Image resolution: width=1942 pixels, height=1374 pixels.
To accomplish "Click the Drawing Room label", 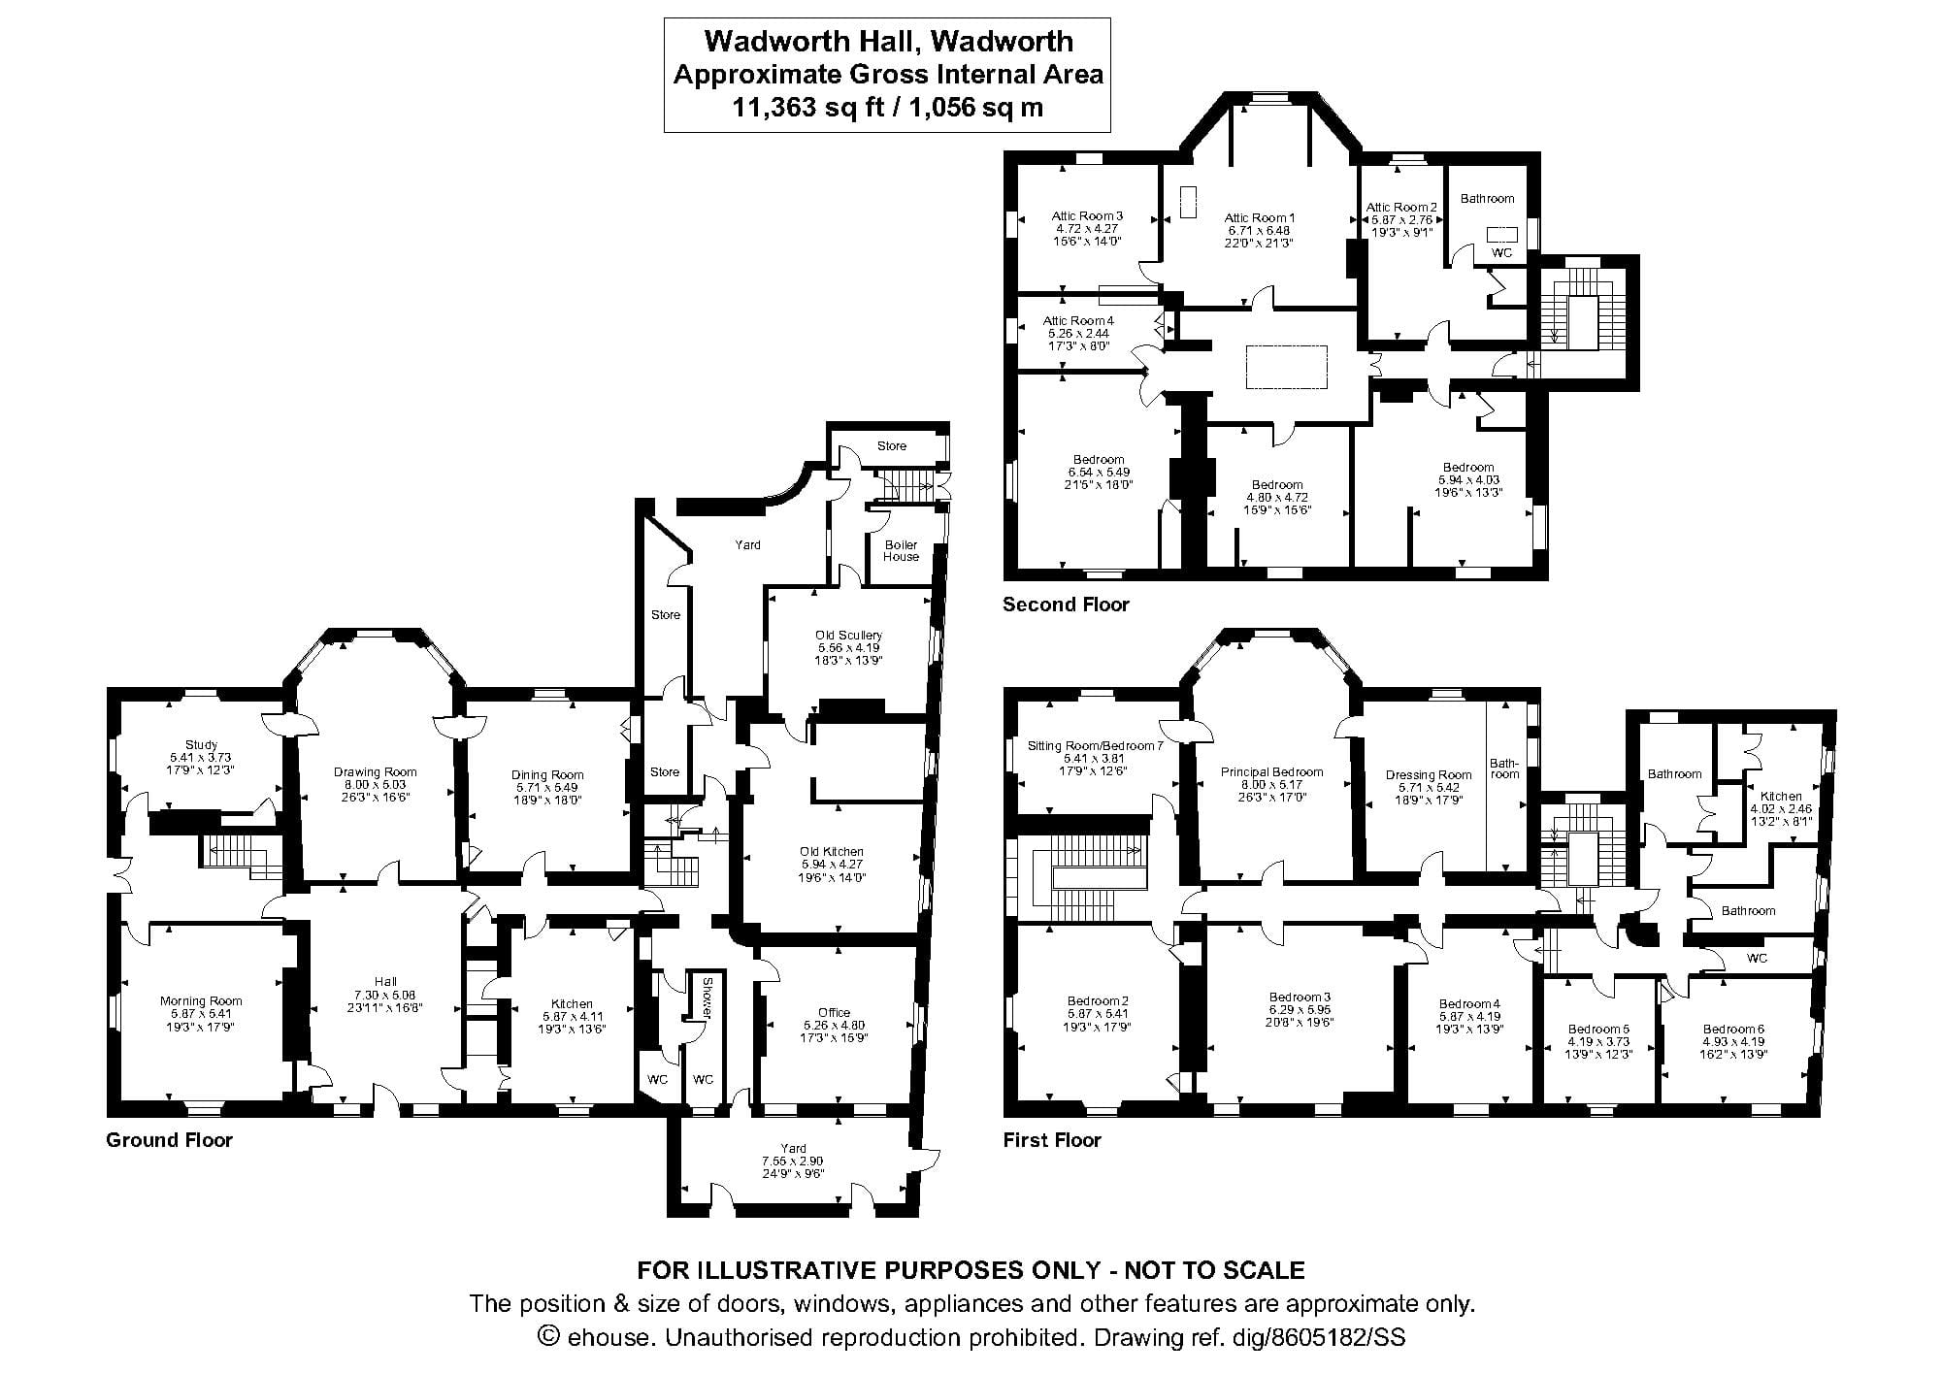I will (x=375, y=772).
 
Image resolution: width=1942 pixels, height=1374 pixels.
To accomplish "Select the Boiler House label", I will (x=901, y=550).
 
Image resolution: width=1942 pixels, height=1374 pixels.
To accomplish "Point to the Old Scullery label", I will (x=848, y=635).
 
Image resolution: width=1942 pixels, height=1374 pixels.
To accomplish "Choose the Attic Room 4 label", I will (x=1077, y=320).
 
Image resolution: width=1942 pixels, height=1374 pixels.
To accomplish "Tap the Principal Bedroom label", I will (x=1271, y=772).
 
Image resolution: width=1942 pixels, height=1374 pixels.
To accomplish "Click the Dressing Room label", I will (x=1429, y=774).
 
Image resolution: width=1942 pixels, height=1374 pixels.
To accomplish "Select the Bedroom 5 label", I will (x=1598, y=1030).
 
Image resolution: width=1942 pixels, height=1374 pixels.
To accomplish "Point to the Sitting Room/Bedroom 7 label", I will (x=1095, y=746).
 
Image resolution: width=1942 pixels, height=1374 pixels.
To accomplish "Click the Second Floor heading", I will (x=1066, y=605).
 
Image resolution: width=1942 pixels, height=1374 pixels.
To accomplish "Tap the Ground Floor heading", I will (x=169, y=1139).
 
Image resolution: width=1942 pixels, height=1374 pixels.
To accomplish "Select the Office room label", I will (x=834, y=1012).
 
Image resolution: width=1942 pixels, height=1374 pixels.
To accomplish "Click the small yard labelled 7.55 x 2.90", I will (x=793, y=1161).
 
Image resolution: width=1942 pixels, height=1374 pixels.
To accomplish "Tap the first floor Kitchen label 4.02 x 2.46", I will (x=1780, y=796).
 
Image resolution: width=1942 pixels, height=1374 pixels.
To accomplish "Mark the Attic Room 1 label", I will (x=1259, y=218).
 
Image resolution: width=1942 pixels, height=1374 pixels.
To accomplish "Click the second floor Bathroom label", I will (x=1487, y=198).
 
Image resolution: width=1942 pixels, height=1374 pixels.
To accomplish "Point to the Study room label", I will (x=201, y=745).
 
